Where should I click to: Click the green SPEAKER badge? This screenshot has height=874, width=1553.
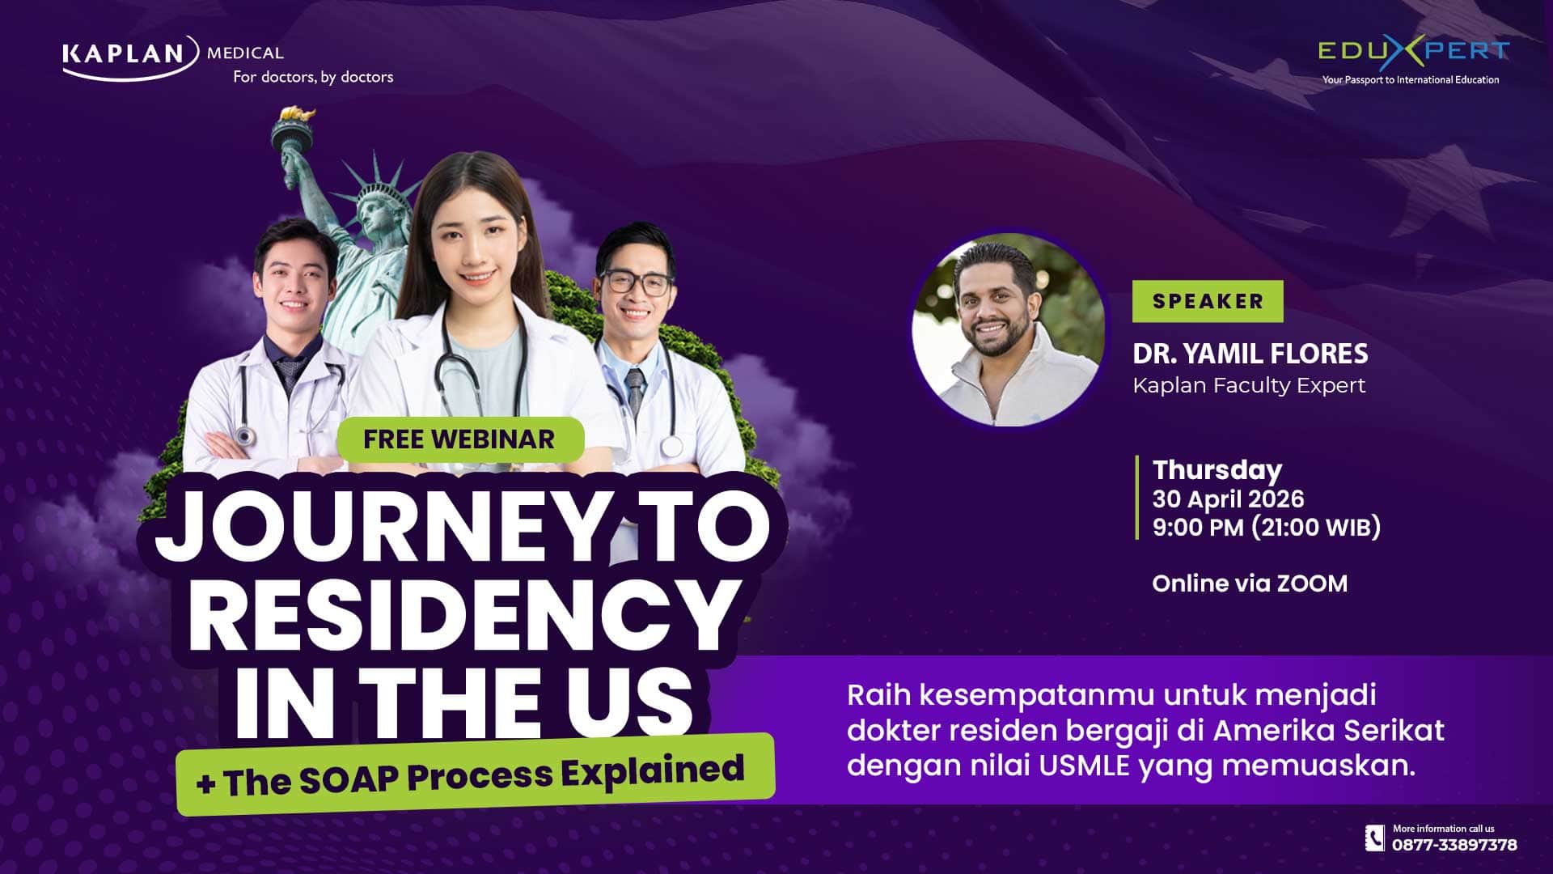point(1208,301)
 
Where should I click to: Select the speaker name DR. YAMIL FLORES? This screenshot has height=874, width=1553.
point(1250,354)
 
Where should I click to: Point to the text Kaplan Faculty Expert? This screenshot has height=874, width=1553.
point(1249,385)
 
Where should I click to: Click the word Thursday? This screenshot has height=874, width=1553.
point(1217,470)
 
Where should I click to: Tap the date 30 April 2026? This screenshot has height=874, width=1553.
point(1228,499)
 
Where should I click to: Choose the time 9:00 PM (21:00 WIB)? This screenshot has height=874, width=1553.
point(1267,528)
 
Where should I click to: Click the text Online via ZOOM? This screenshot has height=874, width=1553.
point(1250,583)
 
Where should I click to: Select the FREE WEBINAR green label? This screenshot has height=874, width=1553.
point(459,439)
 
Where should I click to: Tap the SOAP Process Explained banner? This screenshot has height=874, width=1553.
point(476,774)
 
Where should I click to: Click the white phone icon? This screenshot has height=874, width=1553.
point(1375,838)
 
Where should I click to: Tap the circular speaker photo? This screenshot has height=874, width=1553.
point(1008,329)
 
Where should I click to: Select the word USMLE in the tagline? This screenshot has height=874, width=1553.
point(1084,766)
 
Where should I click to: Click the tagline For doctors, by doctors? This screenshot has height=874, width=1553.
point(313,77)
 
